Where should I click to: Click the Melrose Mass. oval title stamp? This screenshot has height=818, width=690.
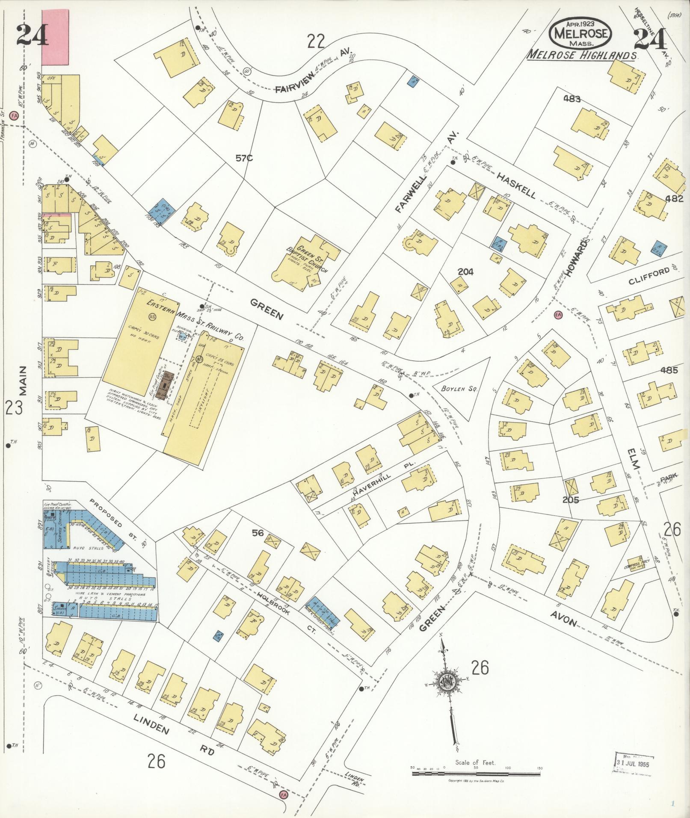580,33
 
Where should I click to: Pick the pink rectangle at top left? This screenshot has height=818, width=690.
55,32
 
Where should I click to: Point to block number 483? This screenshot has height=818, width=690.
572,99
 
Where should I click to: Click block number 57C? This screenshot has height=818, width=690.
244,159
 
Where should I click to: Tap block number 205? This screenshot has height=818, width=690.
571,500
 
